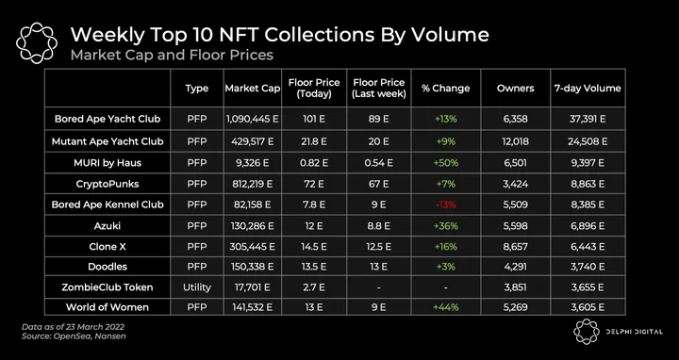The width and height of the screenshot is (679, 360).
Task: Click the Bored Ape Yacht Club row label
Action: tap(108, 119)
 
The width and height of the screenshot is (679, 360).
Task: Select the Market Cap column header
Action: tap(253, 89)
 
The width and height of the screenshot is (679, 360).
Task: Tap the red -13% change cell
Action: tap(445, 205)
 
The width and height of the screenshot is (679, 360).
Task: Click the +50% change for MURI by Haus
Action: tap(445, 163)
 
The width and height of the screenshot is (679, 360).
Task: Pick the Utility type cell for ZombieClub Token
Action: tap(197, 287)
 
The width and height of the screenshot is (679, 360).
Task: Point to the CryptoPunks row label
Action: tap(108, 184)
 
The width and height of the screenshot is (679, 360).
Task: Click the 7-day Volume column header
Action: tap(588, 89)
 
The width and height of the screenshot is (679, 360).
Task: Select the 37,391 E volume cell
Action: tap(588, 119)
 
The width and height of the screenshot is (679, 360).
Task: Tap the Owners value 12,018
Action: tap(515, 141)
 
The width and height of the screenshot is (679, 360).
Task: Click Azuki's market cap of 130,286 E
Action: tap(253, 226)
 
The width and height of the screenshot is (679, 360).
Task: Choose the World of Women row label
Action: tap(108, 307)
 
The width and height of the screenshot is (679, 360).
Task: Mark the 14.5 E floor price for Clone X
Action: tap(314, 247)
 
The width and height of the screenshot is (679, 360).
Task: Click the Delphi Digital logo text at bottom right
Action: tap(634, 332)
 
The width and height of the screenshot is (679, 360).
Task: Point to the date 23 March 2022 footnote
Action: tap(73, 327)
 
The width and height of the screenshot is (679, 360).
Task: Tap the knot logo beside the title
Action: tap(37, 42)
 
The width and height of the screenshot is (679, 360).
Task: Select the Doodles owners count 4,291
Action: tap(515, 267)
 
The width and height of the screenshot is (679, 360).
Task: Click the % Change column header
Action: tap(445, 89)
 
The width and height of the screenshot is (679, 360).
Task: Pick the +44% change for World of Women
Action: tap(445, 307)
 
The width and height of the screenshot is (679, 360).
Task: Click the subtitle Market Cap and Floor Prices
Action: tap(172, 56)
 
